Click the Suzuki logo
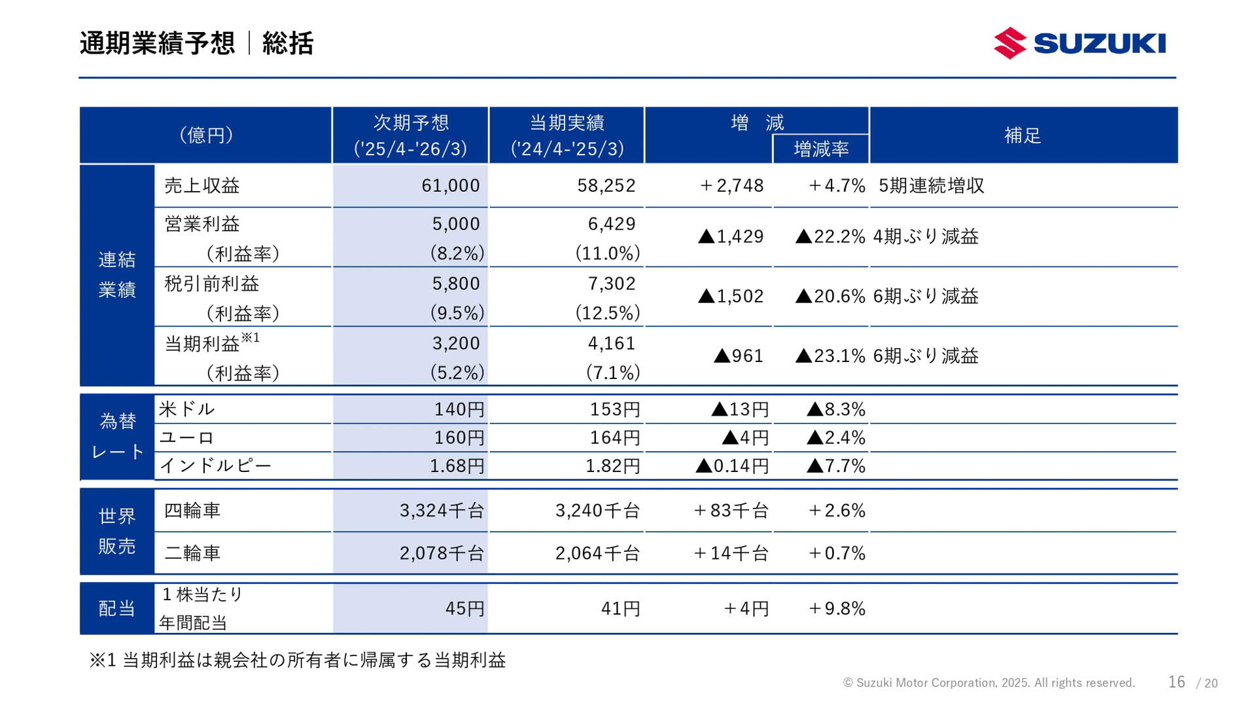1079,43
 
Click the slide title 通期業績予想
157,43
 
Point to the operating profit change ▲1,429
731,236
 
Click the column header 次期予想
411,123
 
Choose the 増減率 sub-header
821,149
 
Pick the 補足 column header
1022,136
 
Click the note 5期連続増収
931,186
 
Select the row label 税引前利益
211,283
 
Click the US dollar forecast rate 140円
459,409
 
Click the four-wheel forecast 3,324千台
442,511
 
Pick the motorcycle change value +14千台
731,553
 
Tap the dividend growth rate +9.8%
837,609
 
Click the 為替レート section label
118,437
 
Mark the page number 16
1176,682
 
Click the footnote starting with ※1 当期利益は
298,660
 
